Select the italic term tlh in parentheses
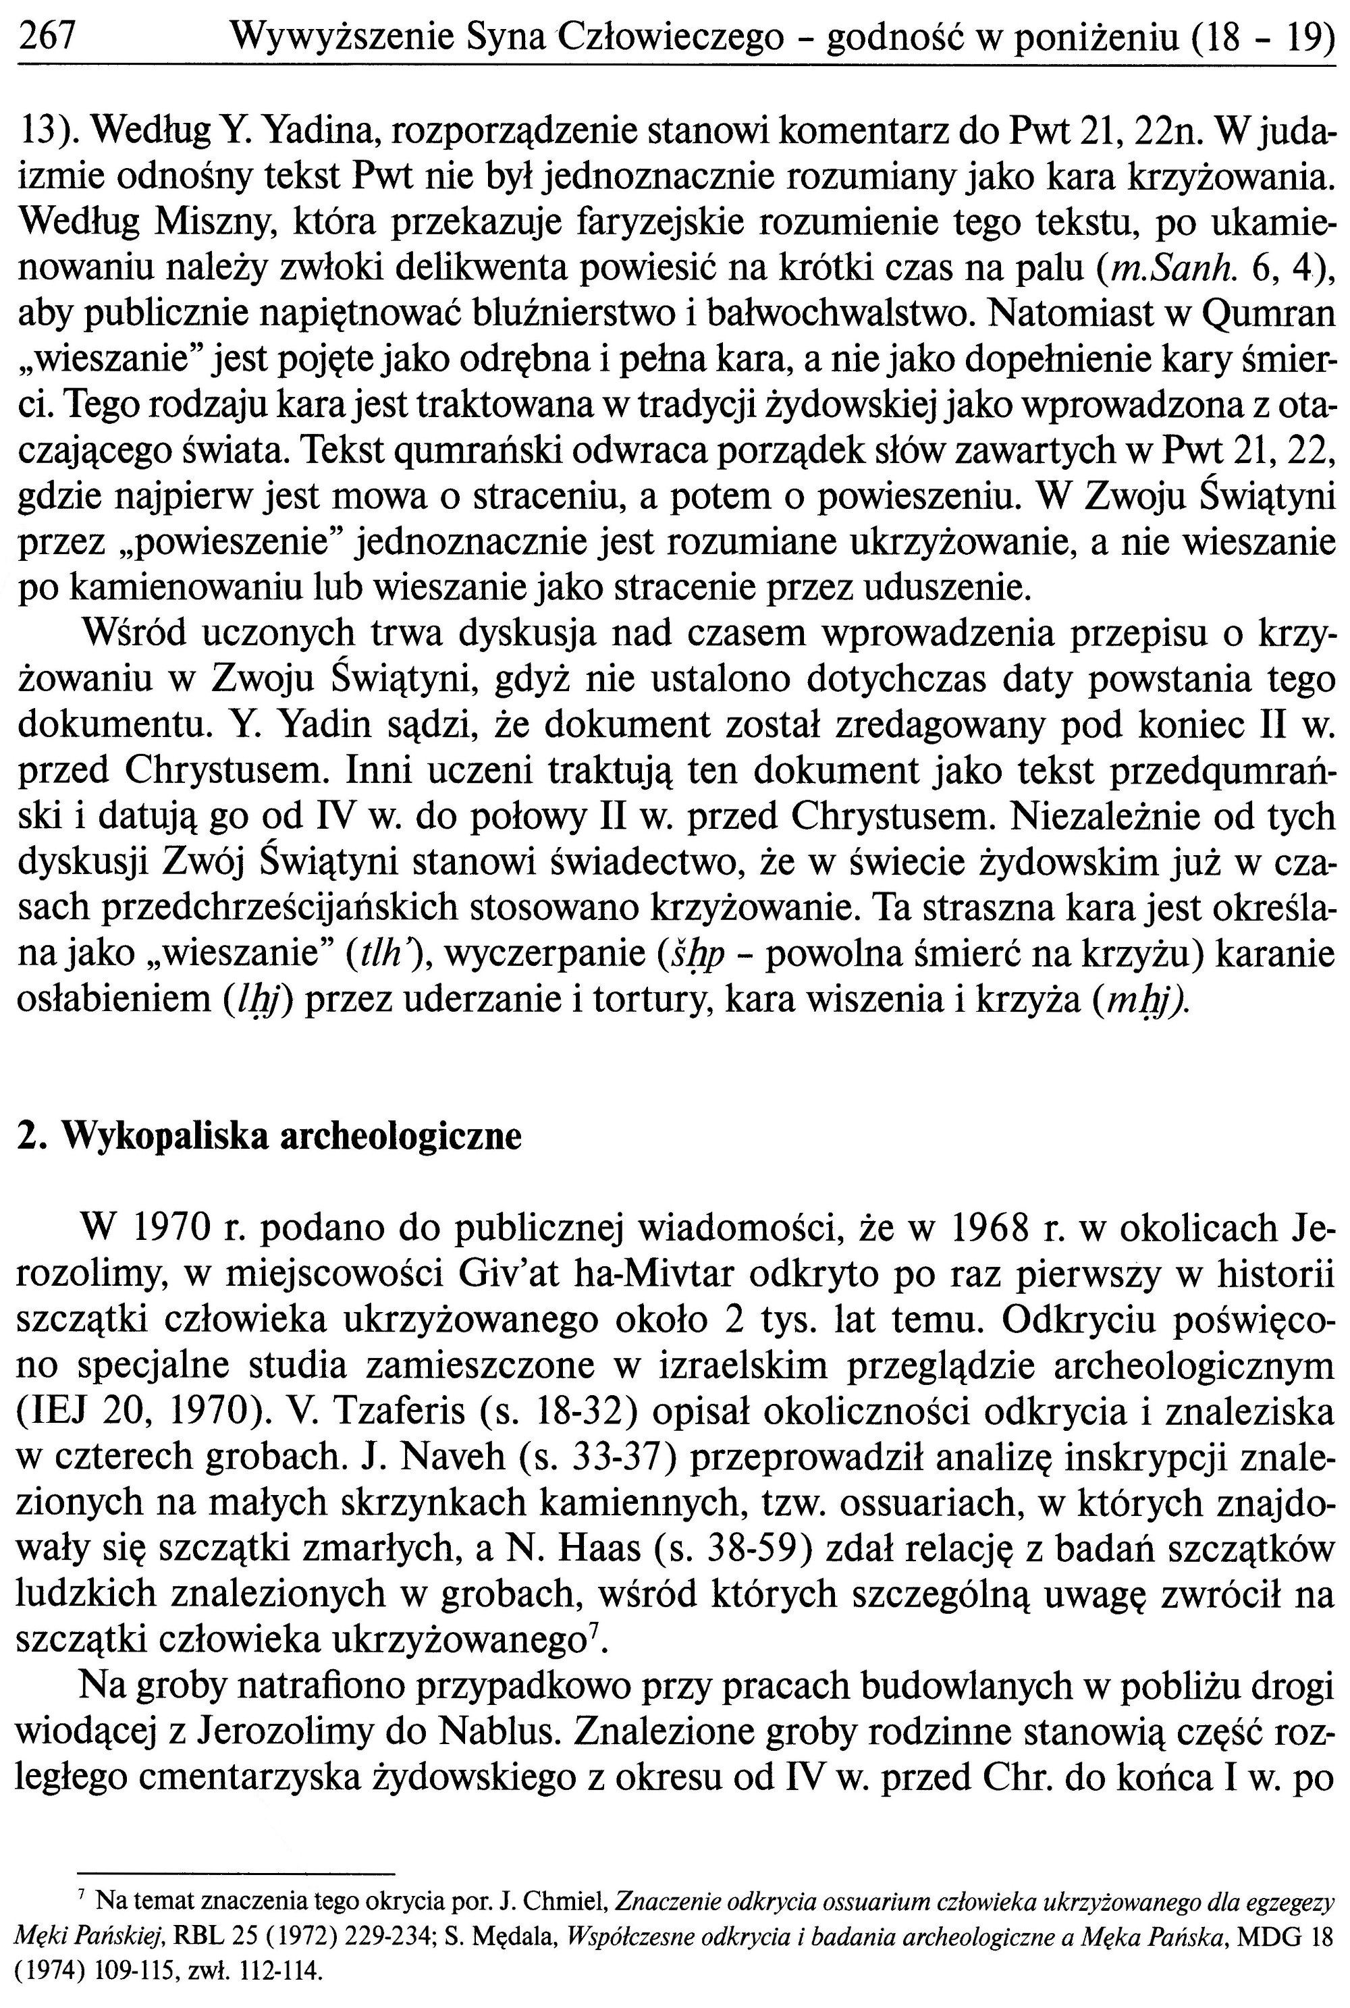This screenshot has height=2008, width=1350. [x=383, y=954]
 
